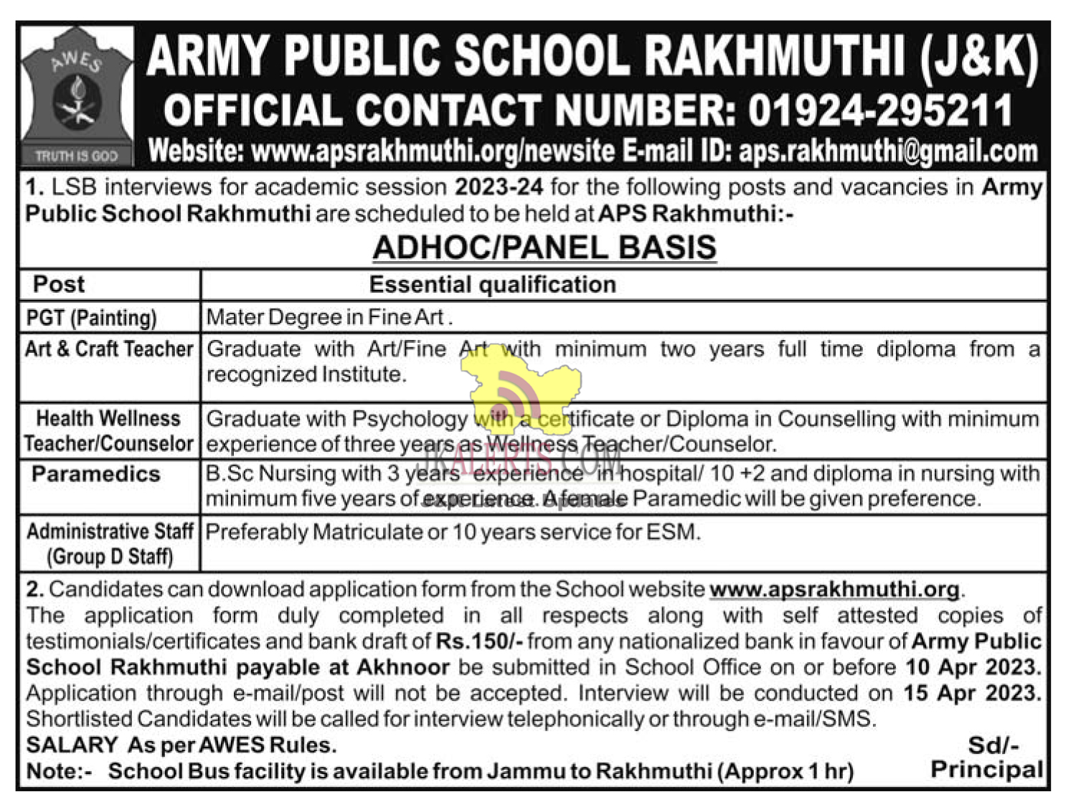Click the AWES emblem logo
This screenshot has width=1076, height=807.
point(77,95)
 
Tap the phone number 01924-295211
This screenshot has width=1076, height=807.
point(880,110)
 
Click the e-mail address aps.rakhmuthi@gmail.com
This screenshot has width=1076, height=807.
point(888,151)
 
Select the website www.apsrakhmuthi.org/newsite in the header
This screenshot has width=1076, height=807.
point(433,151)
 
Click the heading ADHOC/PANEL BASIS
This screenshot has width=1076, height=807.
point(544,247)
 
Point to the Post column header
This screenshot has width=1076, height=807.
point(59,285)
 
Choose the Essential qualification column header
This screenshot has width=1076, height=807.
point(492,285)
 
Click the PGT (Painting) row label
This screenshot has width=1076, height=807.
point(91,317)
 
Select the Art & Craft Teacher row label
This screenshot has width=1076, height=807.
point(109,349)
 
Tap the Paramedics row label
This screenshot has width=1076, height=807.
point(96,474)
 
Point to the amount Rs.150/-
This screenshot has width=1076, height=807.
point(479,641)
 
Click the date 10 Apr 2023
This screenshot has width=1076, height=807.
point(972,667)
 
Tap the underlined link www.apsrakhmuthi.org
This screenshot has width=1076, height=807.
point(834,590)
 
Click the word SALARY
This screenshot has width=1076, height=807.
point(72,745)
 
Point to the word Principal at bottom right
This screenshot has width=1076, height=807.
point(986,770)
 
